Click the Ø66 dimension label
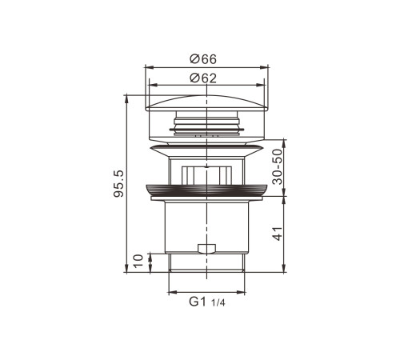[203, 59]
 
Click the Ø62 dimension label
[203, 78]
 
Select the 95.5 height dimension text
[118, 184]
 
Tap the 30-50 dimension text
[278, 167]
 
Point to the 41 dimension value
[278, 234]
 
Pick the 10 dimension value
[138, 261]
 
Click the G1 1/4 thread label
[207, 302]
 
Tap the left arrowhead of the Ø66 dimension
[149, 67]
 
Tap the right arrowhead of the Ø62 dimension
[260, 85]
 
